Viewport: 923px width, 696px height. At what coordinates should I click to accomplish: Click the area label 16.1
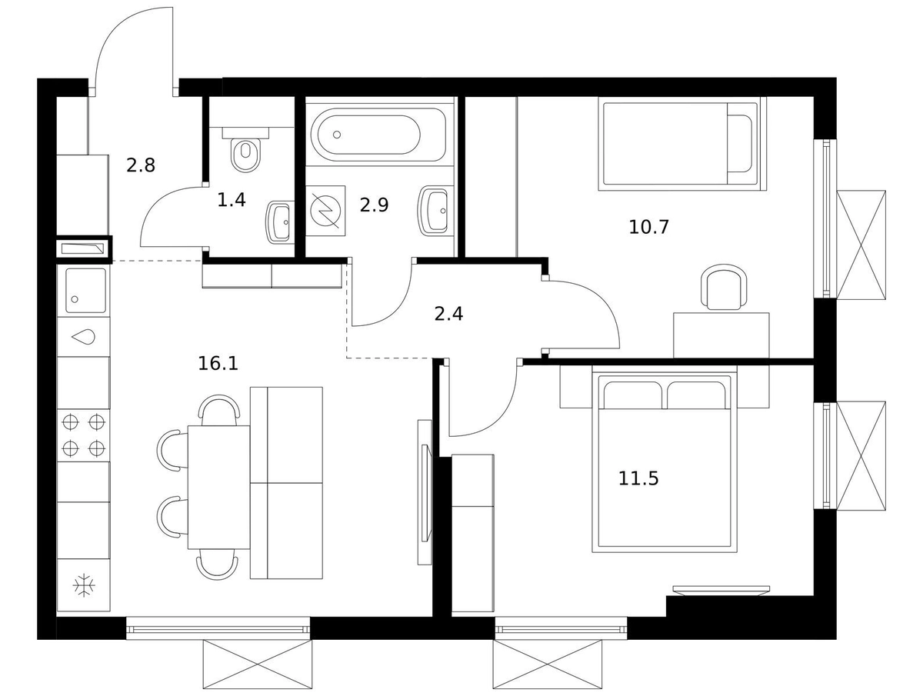click(x=218, y=363)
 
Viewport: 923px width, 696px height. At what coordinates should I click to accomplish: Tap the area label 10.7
click(x=649, y=228)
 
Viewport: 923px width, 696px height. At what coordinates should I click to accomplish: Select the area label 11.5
click(x=638, y=478)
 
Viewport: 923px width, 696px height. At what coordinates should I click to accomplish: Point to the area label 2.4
click(x=448, y=314)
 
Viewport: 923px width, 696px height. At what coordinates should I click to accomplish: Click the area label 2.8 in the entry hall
click(x=141, y=165)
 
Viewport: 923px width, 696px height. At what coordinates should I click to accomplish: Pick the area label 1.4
click(x=232, y=200)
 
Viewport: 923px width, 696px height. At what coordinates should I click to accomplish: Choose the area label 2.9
click(x=374, y=205)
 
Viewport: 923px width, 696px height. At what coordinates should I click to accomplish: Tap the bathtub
click(x=378, y=135)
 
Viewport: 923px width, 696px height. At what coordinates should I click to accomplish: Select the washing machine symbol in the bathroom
click(x=325, y=211)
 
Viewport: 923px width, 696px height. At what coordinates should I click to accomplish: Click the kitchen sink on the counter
click(x=86, y=291)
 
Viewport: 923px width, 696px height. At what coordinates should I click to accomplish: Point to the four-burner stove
click(x=83, y=435)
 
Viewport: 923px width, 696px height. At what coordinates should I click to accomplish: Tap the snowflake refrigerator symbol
click(x=84, y=585)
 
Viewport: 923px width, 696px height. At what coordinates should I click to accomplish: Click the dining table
click(x=218, y=487)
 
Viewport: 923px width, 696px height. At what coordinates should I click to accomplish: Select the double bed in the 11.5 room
click(x=665, y=458)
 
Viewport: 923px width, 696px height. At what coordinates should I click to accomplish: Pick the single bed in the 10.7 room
click(x=681, y=144)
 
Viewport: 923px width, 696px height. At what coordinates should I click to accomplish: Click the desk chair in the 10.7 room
click(x=722, y=288)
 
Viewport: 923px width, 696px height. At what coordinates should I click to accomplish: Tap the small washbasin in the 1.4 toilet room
click(x=278, y=221)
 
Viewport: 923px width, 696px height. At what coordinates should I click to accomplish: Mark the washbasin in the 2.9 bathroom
click(x=433, y=210)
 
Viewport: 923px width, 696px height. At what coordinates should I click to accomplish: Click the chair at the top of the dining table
click(x=219, y=410)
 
